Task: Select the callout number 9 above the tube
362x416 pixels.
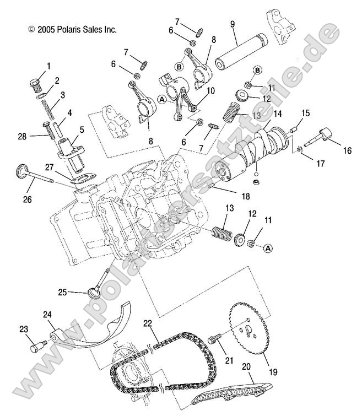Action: click(232, 25)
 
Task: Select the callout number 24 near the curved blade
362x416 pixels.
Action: click(47, 314)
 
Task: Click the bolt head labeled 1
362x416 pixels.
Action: click(35, 84)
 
